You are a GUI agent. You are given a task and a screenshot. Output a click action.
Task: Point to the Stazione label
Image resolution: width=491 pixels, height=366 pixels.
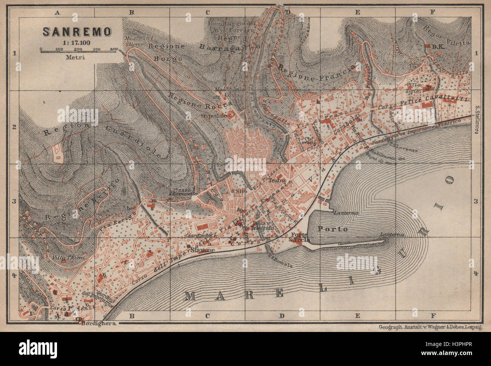click(203, 250)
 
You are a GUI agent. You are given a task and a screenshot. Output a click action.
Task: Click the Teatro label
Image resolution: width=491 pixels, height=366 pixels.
click(276, 181)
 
